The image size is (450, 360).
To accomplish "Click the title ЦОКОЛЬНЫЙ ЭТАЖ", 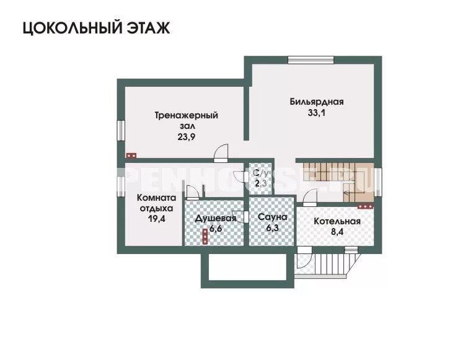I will click(x=96, y=29).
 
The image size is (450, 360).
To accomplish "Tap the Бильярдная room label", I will click(x=316, y=102).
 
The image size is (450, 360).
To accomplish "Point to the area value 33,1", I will click(x=316, y=113).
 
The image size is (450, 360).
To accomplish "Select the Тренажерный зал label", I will click(x=186, y=121).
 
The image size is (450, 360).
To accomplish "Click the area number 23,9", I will click(x=186, y=138).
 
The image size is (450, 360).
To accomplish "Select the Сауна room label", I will click(x=272, y=218).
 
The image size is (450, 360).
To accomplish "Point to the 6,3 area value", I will click(x=272, y=229).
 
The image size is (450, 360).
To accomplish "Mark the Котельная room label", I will click(x=337, y=221).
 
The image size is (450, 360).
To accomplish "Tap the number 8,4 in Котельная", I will click(x=337, y=233).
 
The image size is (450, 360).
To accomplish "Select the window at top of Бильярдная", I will click(x=311, y=60).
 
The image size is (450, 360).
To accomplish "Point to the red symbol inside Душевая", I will click(x=205, y=236).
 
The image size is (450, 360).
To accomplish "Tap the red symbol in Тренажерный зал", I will click(x=131, y=157).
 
